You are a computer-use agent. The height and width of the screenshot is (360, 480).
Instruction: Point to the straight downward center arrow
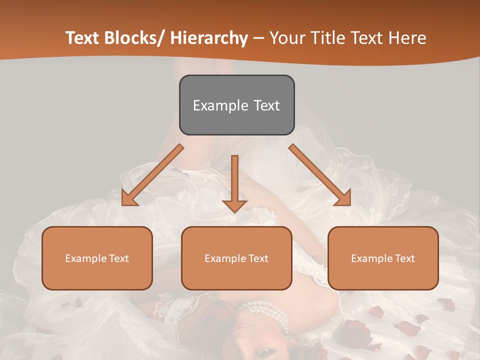click(234, 182)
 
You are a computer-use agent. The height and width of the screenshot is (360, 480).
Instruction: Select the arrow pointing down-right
click(320, 175)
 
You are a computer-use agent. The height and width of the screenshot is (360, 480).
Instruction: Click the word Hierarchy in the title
click(209, 38)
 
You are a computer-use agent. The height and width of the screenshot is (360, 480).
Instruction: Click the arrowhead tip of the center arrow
click(234, 211)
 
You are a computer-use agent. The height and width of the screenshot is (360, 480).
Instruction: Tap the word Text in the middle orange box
click(257, 258)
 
